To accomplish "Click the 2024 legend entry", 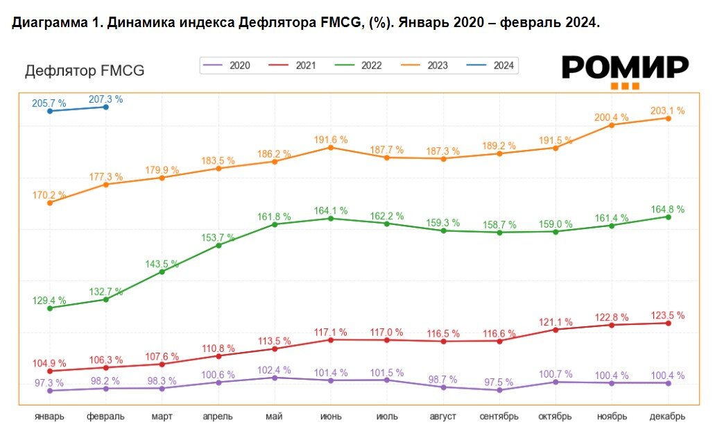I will [494, 65].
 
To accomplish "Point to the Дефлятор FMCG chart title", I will [85, 71].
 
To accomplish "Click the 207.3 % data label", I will [105, 99].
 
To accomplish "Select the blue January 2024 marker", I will [49, 111].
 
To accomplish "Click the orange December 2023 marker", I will [668, 118].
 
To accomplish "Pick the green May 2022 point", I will [275, 224].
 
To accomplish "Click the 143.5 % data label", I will [162, 264].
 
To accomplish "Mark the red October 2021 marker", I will [555, 329].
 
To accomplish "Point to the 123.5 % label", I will [667, 315].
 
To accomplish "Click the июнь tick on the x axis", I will [330, 417].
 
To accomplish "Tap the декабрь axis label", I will [667, 417].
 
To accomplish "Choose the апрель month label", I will [218, 417].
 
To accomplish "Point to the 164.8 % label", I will [667, 209].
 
